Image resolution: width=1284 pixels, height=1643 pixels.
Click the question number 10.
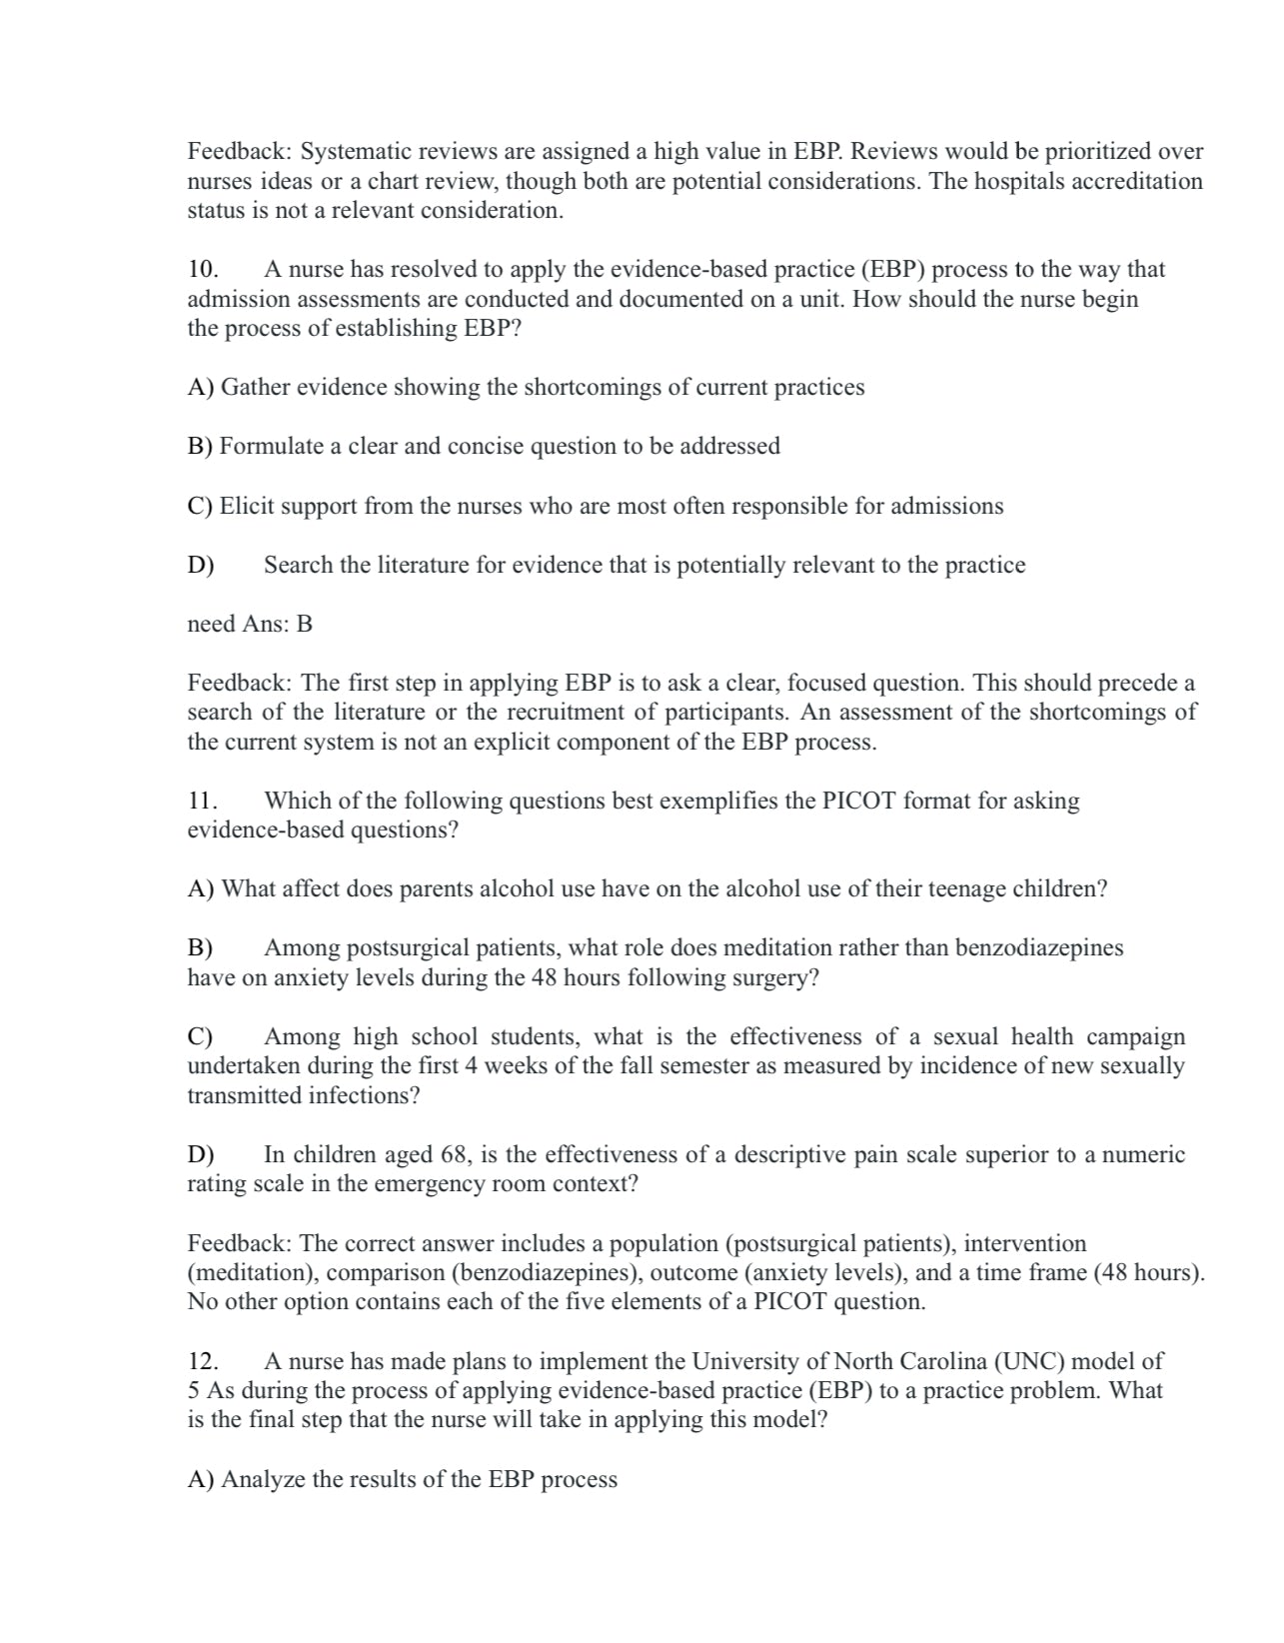(x=203, y=270)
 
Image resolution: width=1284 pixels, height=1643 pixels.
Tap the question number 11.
(x=202, y=802)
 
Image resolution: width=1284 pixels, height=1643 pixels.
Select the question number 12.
(x=203, y=1361)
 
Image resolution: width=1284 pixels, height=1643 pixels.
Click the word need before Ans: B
(x=211, y=625)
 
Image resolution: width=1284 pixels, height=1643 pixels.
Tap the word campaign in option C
(x=1136, y=1036)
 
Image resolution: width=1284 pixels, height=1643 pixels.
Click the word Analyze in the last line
(x=263, y=1480)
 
